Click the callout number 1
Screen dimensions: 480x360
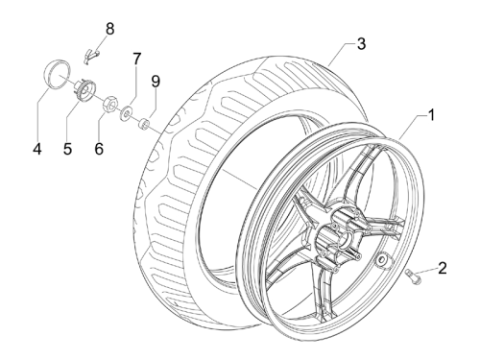[x=431, y=115]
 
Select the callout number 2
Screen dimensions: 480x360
[x=443, y=268]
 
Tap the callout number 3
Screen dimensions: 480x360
[x=361, y=44]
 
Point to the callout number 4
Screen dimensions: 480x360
[x=37, y=149]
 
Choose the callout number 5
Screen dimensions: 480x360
[x=67, y=149]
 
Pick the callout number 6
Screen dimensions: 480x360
[x=99, y=149]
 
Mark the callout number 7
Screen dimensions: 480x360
[x=136, y=59]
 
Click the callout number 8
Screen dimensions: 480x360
[x=109, y=29]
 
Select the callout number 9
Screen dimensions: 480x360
[x=156, y=82]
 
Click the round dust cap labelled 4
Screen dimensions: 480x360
[x=57, y=73]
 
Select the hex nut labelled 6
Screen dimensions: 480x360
[x=109, y=103]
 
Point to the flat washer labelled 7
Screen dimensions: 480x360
[x=127, y=112]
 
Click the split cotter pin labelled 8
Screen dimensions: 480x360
[x=92, y=55]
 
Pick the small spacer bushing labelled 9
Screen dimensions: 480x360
[x=144, y=123]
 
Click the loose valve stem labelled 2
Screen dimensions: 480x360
[x=414, y=276]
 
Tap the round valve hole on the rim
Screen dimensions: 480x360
[x=382, y=258]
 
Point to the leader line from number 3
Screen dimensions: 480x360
[x=340, y=55]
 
